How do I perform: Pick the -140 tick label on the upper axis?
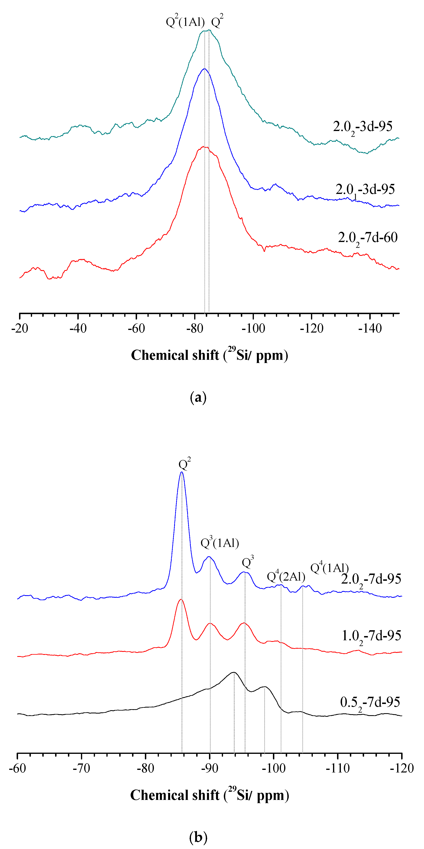[x=370, y=328]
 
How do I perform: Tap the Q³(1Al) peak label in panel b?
[x=220, y=543]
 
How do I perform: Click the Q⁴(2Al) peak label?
[x=286, y=576]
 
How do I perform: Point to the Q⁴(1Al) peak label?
[x=329, y=568]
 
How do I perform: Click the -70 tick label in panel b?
[x=81, y=768]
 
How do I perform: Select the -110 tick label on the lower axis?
[x=338, y=768]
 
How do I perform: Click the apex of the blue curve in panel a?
[x=204, y=69]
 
